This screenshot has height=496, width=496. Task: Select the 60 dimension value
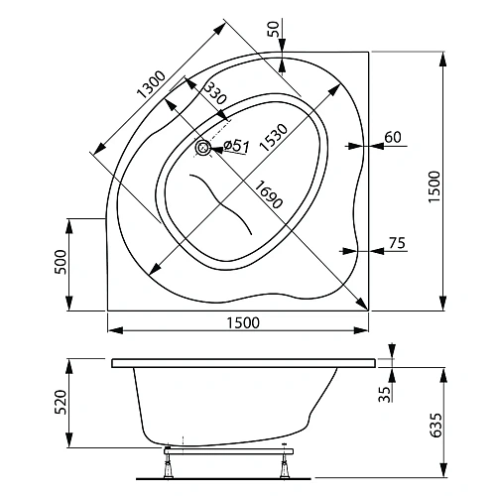pos(392,137)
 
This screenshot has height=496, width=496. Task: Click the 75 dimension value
pos(396,243)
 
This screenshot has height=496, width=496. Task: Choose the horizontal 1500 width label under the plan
pos(238,321)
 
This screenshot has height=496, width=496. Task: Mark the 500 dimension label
pos(60,263)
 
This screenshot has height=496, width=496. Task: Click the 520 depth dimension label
pos(60,402)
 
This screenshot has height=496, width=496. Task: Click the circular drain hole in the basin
pos(203,149)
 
